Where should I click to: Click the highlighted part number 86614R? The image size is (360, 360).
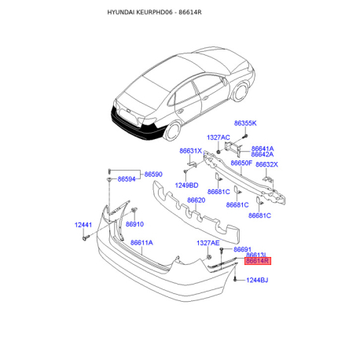257,261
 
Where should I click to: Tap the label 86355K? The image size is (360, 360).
245,123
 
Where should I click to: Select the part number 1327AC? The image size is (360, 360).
219,138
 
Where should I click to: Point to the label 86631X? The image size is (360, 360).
191,151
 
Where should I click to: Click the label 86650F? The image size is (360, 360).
241,163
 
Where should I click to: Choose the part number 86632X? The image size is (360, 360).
266,164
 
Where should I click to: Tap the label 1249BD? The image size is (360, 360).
186,186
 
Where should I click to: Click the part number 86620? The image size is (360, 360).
197,200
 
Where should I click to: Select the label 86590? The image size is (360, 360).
153,174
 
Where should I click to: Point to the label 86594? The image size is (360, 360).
127,179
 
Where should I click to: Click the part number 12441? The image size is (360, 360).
83,225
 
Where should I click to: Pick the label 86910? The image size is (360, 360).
134,224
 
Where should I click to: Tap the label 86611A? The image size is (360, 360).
141,243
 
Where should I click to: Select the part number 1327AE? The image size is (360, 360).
208,243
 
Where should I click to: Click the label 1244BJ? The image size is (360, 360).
257,281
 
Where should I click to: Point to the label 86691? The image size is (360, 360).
242,249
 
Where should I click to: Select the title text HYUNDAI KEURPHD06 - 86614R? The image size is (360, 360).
154,13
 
